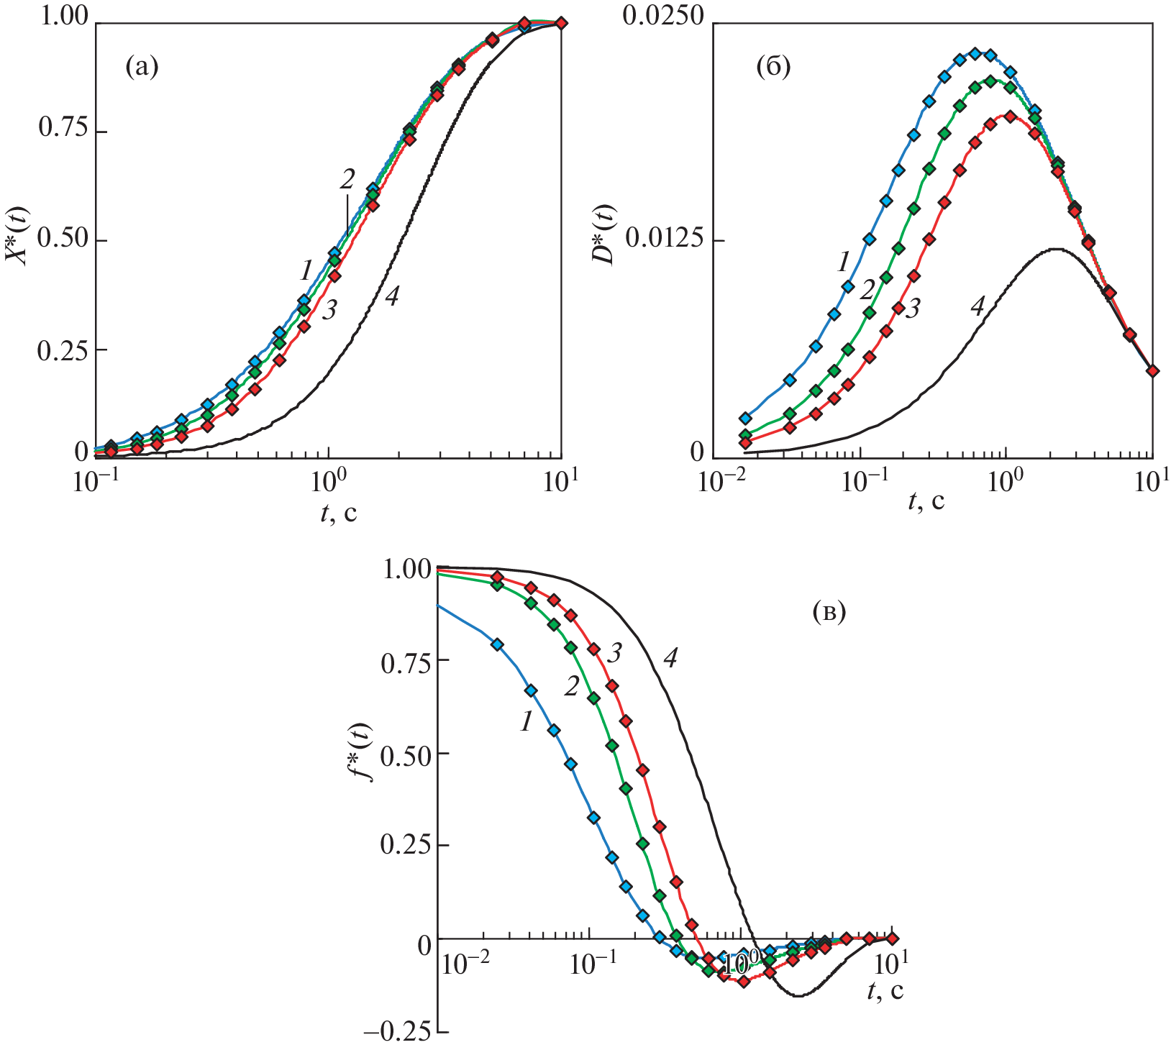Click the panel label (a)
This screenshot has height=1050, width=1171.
tap(141, 68)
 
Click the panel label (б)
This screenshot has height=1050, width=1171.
tap(773, 68)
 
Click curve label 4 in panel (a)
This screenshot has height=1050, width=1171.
tap(391, 296)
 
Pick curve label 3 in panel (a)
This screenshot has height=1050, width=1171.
tap(329, 310)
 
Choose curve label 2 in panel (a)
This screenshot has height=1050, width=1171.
tap(347, 179)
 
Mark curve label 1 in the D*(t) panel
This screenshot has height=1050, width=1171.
tap(844, 262)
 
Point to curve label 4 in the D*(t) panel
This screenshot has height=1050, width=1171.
tap(976, 307)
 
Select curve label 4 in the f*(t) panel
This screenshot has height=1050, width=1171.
tap(670, 658)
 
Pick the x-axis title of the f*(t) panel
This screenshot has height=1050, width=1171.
tap(885, 990)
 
